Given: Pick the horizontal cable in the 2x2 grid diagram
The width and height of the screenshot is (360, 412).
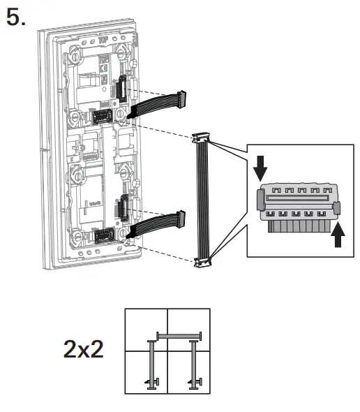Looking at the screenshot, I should pos(179,336).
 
